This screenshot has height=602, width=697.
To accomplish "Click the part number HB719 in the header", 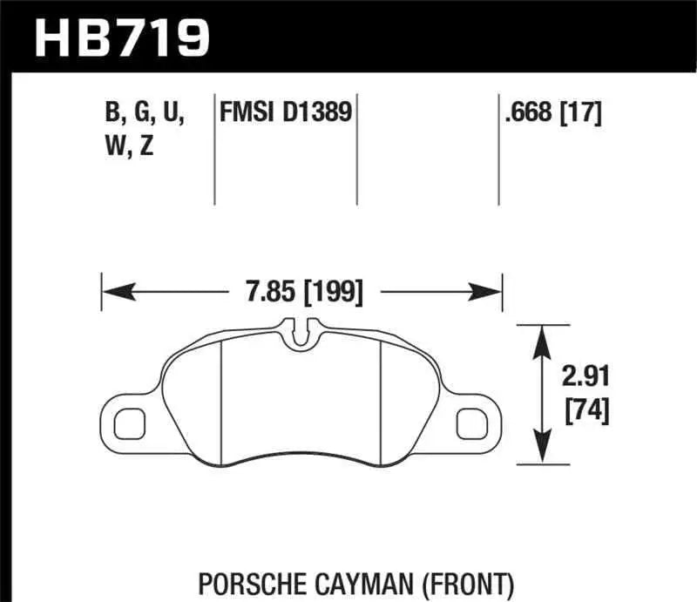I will (x=123, y=37).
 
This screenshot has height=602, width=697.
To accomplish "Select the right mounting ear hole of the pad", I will (x=473, y=423).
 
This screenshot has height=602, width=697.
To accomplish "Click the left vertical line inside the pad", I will (x=223, y=392).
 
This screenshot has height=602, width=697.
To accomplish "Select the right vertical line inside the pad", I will (x=383, y=392).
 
